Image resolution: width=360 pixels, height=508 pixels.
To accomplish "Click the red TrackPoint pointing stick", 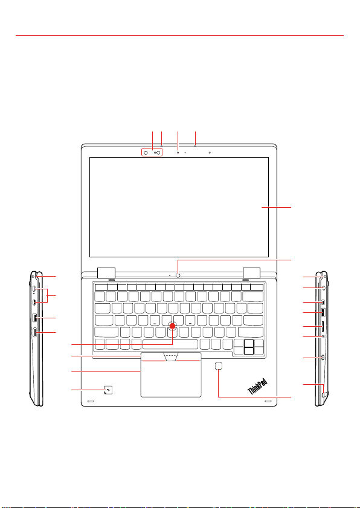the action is (x=173, y=325).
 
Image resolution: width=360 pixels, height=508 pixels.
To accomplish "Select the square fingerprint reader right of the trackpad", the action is (x=219, y=366).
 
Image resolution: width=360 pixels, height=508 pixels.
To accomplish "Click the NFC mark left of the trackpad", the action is (x=108, y=390).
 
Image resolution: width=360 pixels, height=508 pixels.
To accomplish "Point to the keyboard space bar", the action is (x=170, y=344).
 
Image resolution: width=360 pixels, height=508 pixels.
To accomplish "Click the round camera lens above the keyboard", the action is (x=178, y=275).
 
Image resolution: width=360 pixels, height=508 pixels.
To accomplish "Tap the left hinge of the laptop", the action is (x=106, y=272).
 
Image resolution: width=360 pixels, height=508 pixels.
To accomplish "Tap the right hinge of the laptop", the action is (x=251, y=272).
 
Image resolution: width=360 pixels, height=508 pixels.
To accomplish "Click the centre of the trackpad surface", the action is (x=171, y=379).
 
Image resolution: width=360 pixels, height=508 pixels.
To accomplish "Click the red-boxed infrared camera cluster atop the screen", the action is (x=152, y=153).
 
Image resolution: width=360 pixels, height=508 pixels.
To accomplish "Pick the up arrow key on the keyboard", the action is (x=249, y=343).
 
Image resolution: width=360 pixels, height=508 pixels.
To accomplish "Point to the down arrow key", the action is (x=249, y=351).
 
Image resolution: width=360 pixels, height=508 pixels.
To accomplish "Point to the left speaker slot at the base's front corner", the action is (x=91, y=401).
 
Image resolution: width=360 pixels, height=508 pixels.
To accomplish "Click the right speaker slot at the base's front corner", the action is (x=268, y=401).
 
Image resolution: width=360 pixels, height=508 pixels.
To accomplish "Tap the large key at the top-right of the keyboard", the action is (x=252, y=297).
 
